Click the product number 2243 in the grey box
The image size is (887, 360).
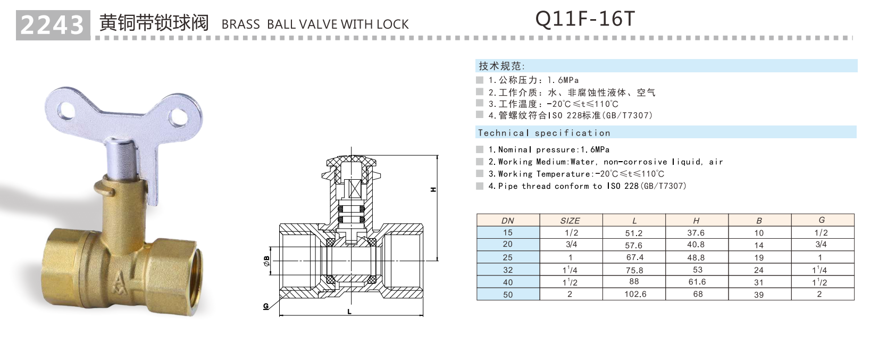pos(52,25)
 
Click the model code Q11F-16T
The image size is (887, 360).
pos(585,19)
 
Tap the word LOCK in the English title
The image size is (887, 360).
pos(392,24)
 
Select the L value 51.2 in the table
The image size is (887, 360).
pos(634,233)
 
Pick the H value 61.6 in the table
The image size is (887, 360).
pos(697,282)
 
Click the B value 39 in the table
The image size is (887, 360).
pos(759,295)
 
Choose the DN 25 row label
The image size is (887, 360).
pos(508,257)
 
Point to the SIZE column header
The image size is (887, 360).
pos(570,221)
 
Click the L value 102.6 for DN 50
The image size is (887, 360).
pos(635,294)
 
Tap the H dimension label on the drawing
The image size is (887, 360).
pos(433,190)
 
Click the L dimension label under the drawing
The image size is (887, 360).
pos(349,312)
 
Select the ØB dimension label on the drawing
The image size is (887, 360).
pos(266,261)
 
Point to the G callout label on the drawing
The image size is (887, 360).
pos(266,306)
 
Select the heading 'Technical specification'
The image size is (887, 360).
pos(543,133)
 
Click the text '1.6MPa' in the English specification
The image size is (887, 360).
pos(596,150)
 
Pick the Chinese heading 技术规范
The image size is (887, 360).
pos(500,66)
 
